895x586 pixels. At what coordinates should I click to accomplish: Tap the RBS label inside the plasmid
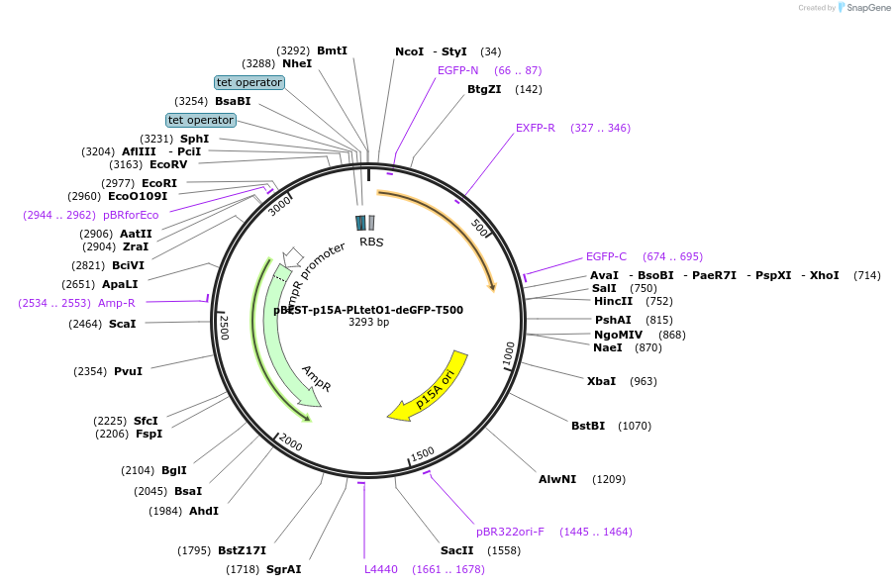point(371,242)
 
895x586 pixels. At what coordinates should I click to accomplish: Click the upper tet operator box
point(249,82)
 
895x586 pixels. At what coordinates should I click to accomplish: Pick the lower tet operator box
point(201,120)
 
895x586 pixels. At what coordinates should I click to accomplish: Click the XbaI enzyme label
point(602,381)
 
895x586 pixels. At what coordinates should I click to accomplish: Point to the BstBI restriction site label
point(588,426)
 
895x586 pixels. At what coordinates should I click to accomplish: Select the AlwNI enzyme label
point(557,479)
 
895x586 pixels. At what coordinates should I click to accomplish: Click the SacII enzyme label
point(458,550)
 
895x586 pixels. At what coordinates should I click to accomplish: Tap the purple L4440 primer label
point(381,569)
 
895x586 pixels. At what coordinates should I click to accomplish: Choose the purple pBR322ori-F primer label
point(510,532)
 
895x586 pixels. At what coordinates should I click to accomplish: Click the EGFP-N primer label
point(458,70)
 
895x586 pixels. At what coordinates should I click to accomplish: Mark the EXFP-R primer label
point(536,128)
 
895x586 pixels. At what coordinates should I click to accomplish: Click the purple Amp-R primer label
point(117,303)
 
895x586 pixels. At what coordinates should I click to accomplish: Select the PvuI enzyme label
point(128,371)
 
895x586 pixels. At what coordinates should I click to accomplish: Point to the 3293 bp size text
point(368,323)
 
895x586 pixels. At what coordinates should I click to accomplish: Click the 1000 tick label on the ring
point(509,354)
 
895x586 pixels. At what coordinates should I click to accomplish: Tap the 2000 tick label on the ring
point(290,440)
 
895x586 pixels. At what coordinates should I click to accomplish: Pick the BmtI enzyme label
point(332,50)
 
